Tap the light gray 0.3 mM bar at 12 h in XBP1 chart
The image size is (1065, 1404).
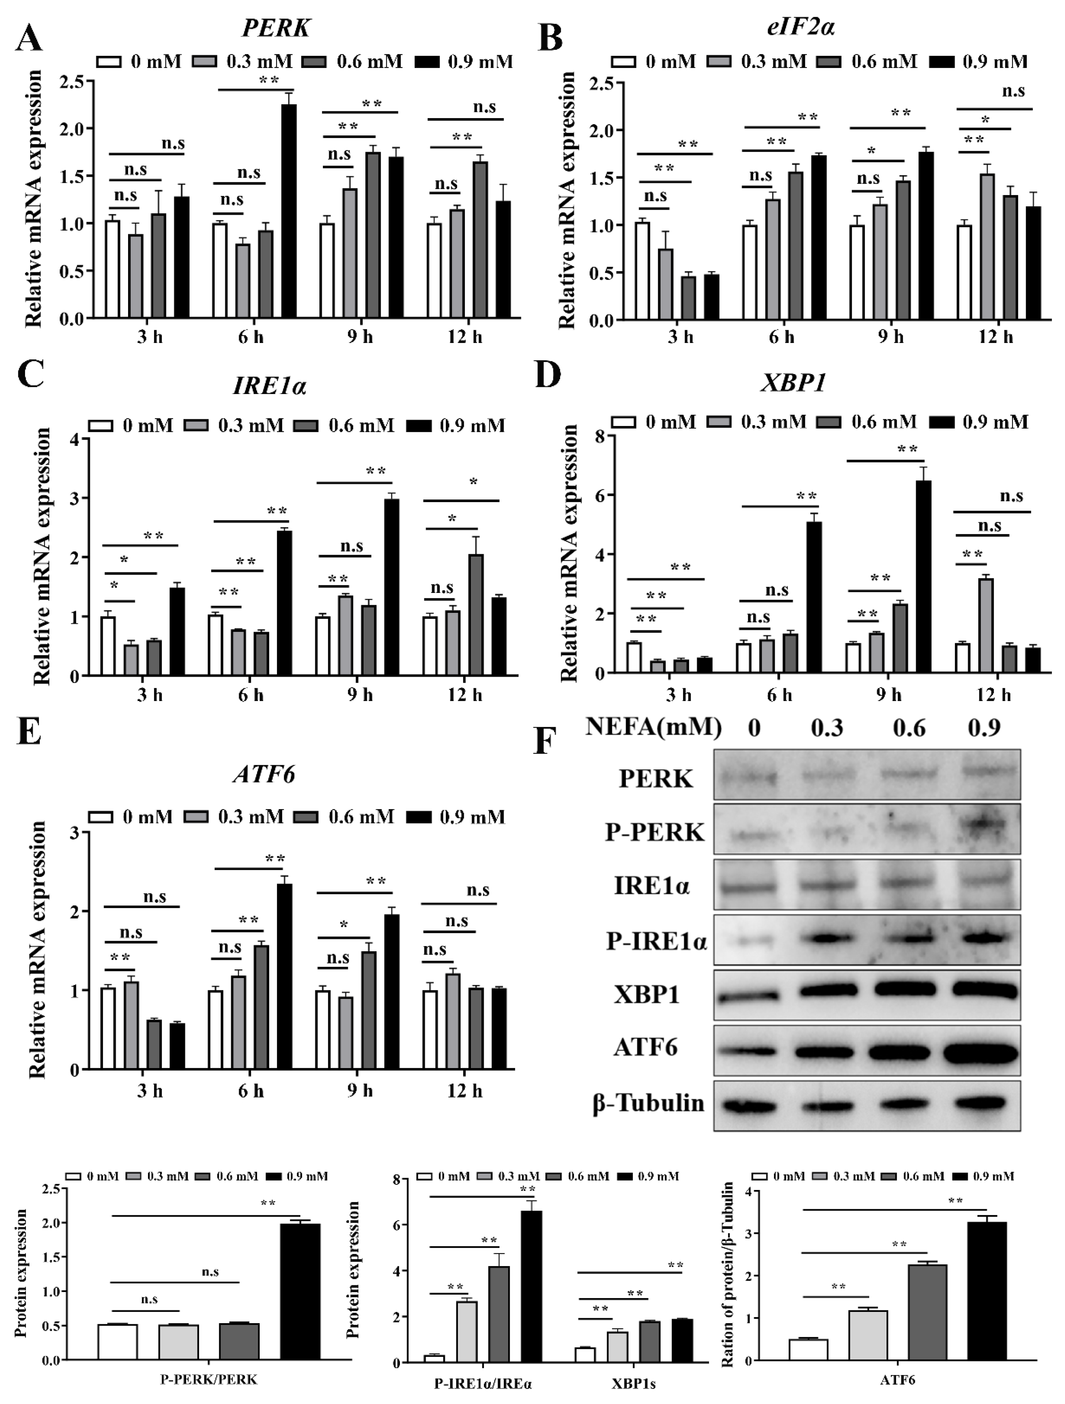pyautogui.click(x=986, y=625)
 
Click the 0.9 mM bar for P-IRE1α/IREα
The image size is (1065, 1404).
pyautogui.click(x=532, y=1286)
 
